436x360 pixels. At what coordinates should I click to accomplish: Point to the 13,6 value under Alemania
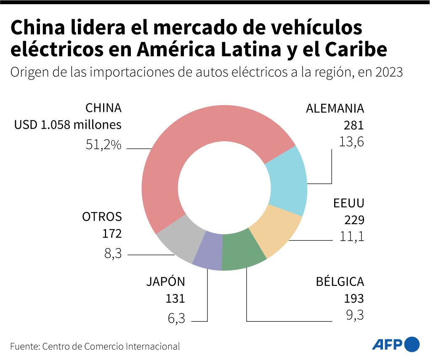click(351, 142)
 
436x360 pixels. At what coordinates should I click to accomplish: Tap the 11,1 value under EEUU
click(351, 237)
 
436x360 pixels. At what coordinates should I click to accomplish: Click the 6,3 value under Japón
click(176, 318)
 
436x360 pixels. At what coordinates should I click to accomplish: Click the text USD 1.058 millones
click(68, 125)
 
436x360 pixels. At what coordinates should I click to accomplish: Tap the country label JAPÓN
click(165, 282)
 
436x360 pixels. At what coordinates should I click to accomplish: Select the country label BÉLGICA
click(340, 282)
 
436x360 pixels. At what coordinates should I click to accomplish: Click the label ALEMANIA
click(335, 109)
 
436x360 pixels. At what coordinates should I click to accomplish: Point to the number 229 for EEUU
click(354, 220)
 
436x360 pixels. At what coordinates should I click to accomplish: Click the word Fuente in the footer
click(24, 347)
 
